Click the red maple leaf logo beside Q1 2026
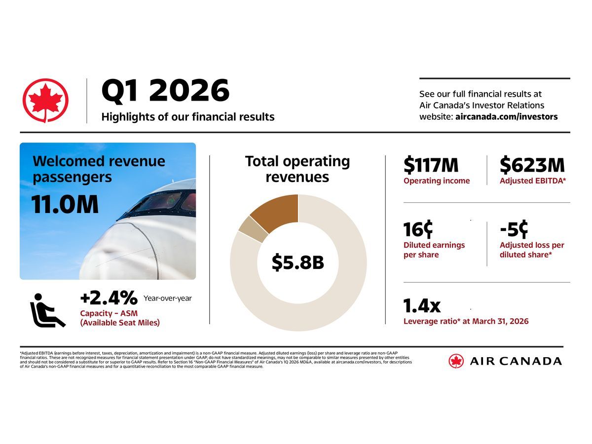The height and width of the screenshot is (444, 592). coord(45,100)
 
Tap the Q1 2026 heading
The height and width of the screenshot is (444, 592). coord(165,91)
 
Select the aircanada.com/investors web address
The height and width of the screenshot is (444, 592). coord(506,117)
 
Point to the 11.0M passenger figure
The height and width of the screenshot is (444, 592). coord(65,205)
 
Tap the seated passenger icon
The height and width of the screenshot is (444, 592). coord(47,310)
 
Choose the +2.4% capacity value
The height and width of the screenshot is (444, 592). coord(109,298)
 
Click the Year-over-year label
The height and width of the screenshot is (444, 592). coord(167,298)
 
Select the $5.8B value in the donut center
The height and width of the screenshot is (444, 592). coord(298,263)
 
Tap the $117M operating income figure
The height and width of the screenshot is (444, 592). coord(431,165)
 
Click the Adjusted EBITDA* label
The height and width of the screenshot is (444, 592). coord(532,181)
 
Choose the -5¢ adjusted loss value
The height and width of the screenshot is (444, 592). coord(514,229)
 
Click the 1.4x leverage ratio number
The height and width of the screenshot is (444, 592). coord(422,306)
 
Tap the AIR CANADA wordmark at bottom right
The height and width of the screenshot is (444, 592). coord(515,361)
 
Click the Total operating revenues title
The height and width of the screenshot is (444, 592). coord(297,169)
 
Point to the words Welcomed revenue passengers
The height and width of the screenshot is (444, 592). coord(99,169)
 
